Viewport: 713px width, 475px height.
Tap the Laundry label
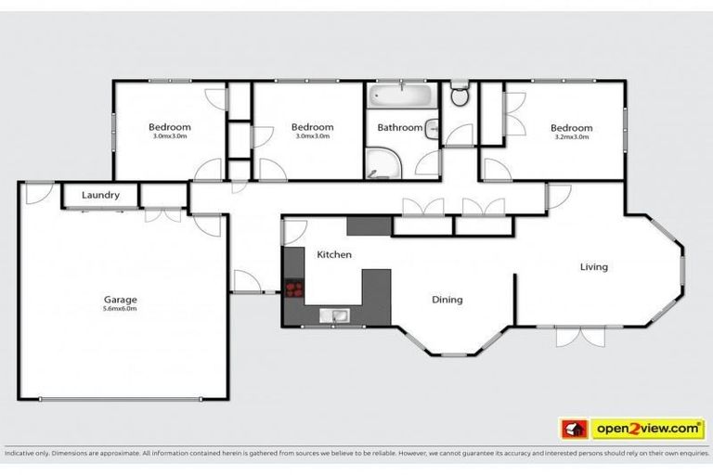pyautogui.click(x=100, y=196)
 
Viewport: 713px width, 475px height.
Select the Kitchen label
pyautogui.click(x=333, y=254)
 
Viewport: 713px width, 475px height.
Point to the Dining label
pyautogui.click(x=447, y=300)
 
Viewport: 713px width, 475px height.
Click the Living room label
pyautogui.click(x=594, y=267)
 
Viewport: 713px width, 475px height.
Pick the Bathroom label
pyautogui.click(x=400, y=128)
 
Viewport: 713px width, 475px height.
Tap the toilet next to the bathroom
pyautogui.click(x=460, y=95)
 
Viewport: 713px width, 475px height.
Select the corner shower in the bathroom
pyautogui.click(x=379, y=164)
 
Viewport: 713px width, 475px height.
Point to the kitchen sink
pyautogui.click(x=335, y=316)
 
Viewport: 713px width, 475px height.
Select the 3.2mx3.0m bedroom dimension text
pyautogui.click(x=571, y=137)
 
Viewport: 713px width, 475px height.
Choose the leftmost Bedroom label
pyautogui.click(x=170, y=127)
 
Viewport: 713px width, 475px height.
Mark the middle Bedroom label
pyautogui.click(x=312, y=127)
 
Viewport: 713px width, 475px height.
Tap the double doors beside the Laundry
pyautogui.click(x=163, y=213)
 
